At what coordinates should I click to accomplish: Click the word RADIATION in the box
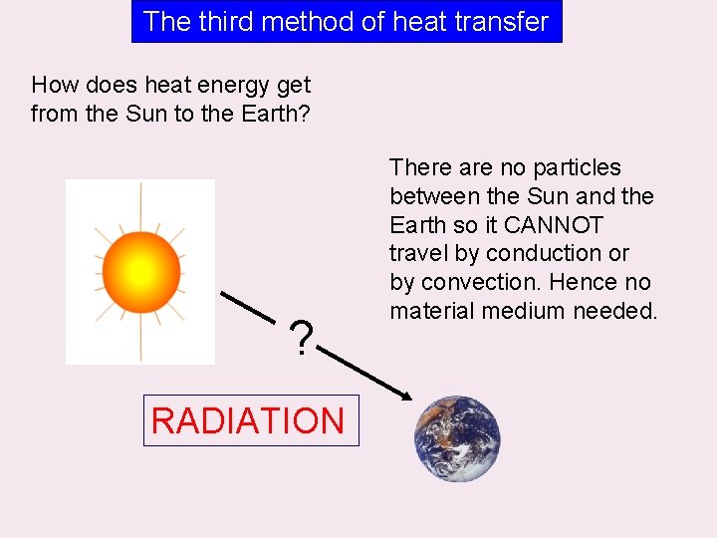coord(248,420)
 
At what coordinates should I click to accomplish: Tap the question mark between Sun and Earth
coord(300,339)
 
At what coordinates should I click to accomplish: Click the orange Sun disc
coord(140,271)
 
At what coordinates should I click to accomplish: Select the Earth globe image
coord(457,439)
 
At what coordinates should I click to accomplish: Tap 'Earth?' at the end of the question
coord(277,115)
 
